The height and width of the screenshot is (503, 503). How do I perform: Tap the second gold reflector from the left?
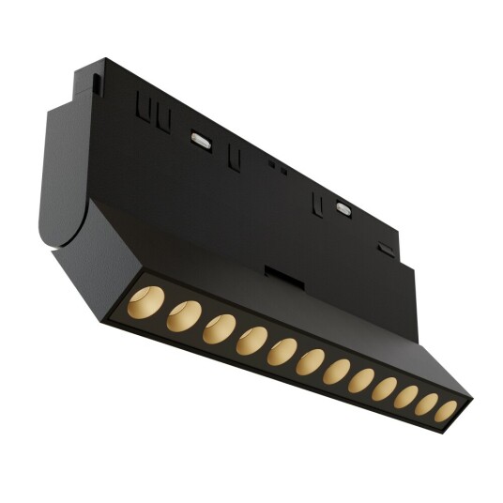(x=182, y=316)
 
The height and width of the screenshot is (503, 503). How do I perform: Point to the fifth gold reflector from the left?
(x=282, y=353)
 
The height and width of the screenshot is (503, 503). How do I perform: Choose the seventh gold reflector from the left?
(x=336, y=373)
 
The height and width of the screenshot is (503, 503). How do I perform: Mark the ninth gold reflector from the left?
(x=384, y=389)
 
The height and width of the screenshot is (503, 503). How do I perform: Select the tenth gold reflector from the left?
(x=405, y=397)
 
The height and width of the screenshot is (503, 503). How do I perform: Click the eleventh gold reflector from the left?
(x=426, y=404)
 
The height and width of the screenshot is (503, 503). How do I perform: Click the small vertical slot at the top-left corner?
(x=97, y=82)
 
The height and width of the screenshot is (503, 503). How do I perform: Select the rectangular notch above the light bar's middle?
(x=277, y=272)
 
